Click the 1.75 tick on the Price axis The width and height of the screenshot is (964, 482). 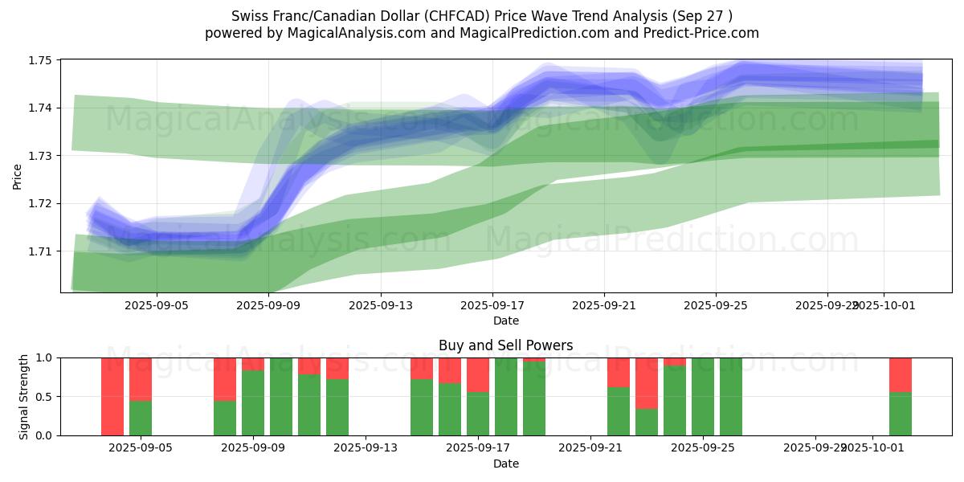point(41,60)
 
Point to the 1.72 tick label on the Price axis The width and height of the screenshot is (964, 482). point(41,203)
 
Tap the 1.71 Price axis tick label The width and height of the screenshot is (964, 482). point(41,251)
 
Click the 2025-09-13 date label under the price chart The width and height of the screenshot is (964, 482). point(381,305)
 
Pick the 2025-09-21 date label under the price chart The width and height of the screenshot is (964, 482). point(604,305)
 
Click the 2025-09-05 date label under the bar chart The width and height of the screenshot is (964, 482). point(141,448)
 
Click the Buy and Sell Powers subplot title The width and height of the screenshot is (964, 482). point(506,346)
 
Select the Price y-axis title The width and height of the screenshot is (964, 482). point(18,177)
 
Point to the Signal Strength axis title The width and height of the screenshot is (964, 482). point(24,397)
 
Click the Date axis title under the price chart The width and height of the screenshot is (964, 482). point(506,321)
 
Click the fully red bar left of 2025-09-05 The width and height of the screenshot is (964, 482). point(112,396)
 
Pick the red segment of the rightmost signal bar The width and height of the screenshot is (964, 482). point(901,374)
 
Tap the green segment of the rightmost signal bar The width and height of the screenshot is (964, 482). point(901,414)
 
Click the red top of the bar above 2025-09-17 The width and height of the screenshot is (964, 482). point(478,374)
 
